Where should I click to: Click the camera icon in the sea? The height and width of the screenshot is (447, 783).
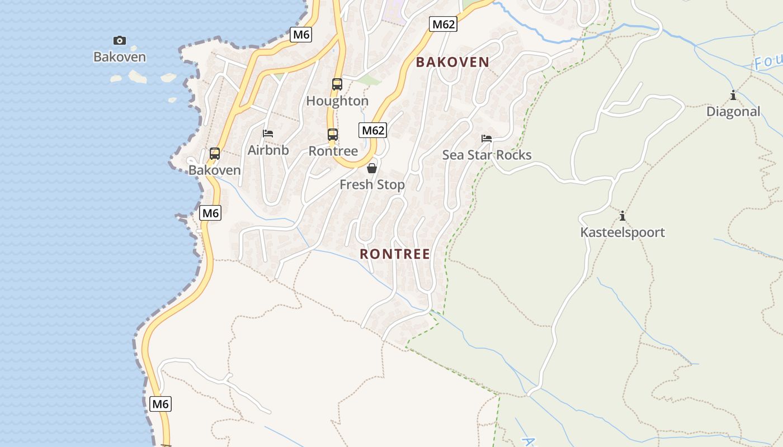click(120, 40)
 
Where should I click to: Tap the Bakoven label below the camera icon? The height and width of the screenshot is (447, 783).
click(120, 57)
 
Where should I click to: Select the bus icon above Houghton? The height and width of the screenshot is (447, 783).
click(337, 84)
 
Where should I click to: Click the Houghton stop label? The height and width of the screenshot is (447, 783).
click(337, 101)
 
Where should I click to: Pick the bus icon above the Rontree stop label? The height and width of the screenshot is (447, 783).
click(333, 135)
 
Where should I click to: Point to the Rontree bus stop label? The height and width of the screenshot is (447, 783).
click(333, 151)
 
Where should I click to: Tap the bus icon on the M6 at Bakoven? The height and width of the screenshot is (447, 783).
click(215, 154)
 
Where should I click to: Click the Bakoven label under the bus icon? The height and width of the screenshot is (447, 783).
click(215, 170)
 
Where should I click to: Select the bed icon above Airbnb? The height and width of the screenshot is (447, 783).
click(268, 134)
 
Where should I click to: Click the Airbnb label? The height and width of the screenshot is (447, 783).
click(268, 150)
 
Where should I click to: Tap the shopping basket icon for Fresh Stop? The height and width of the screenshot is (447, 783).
click(372, 168)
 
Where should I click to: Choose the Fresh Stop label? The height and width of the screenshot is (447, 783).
click(372, 184)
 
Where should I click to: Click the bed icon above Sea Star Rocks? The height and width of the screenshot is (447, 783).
click(487, 139)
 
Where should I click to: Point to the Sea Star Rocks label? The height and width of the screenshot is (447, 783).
click(487, 155)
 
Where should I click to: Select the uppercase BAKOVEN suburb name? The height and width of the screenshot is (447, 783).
click(452, 62)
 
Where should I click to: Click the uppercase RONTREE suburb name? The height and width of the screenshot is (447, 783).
click(395, 254)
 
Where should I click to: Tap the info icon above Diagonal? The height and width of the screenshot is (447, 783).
click(733, 96)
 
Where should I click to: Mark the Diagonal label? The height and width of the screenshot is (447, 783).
click(733, 112)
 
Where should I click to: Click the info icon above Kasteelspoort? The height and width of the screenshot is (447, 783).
click(622, 216)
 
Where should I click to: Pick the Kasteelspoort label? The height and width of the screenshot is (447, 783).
click(622, 232)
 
